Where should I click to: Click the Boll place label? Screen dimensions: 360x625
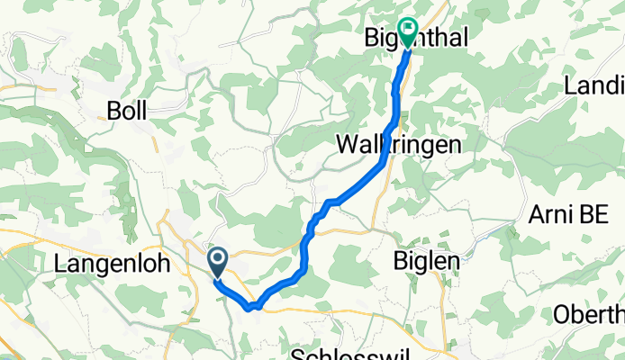pos(126,111)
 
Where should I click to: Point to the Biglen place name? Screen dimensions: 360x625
pos(428,260)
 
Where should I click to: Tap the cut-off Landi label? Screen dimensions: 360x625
pos(594,86)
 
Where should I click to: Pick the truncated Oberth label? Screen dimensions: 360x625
pos(590,315)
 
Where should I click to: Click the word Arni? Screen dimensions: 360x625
pos(550,216)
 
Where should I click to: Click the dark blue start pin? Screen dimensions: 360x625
pos(218,262)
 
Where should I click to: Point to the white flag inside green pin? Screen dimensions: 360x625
pos(408,31)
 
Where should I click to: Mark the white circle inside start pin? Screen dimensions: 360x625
pos(218,259)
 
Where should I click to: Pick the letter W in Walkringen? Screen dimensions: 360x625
pos(347,144)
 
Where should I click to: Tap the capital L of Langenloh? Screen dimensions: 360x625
pos(60,263)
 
